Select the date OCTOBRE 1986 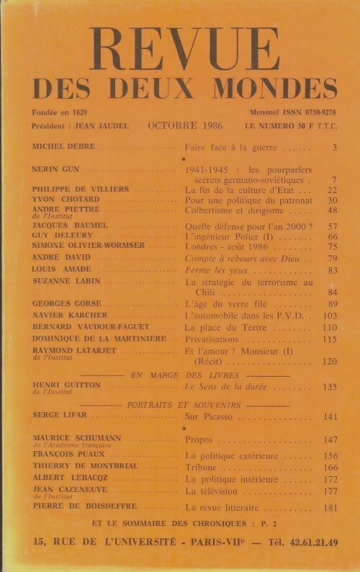(185, 125)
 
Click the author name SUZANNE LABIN (66, 281)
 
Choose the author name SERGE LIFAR (60, 416)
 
